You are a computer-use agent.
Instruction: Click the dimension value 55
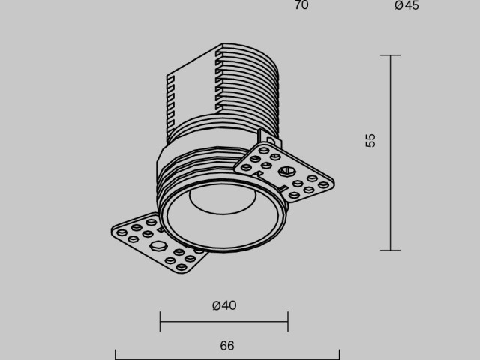pyautogui.click(x=370, y=140)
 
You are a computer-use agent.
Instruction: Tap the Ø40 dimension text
pyautogui.click(x=224, y=305)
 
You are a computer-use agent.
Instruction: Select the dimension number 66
pyautogui.click(x=227, y=346)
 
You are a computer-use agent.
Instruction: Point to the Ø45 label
pyautogui.click(x=406, y=6)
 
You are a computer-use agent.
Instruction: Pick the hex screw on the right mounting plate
pyautogui.click(x=284, y=170)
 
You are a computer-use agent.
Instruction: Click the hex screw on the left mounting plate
pyautogui.click(x=158, y=245)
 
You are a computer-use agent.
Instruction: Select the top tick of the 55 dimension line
pyautogui.click(x=390, y=55)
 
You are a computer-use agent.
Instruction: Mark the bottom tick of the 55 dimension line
pyautogui.click(x=390, y=250)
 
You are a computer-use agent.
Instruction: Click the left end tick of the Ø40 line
pyautogui.click(x=160, y=322)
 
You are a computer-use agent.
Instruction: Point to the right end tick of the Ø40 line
pyautogui.click(x=288, y=322)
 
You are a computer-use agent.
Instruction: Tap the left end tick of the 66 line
pyautogui.click(x=115, y=354)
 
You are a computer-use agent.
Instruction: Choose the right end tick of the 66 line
pyautogui.click(x=339, y=354)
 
